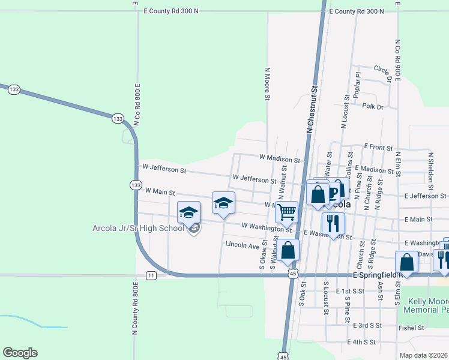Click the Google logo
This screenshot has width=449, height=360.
click(x=20, y=353)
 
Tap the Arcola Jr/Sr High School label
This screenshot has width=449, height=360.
click(x=138, y=228)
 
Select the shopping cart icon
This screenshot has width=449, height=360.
click(x=287, y=211)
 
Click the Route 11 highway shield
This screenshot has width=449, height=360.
click(x=151, y=275)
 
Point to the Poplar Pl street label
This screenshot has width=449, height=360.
click(x=357, y=85)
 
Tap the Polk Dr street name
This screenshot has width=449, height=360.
click(x=372, y=106)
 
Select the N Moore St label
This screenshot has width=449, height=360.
click(x=268, y=83)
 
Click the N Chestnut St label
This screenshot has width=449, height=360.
click(x=311, y=109)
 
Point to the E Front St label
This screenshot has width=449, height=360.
click(x=378, y=147)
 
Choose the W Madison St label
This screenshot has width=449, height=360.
click(x=279, y=159)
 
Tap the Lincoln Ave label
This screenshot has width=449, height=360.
click(x=242, y=245)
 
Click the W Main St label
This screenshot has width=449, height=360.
click(x=160, y=193)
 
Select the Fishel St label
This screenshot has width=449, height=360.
click(x=412, y=328)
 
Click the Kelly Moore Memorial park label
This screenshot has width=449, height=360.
click(x=427, y=306)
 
